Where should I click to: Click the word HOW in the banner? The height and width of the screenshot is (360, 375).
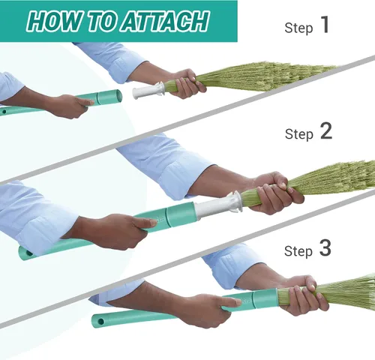55,21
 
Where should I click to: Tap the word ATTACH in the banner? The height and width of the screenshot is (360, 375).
165,21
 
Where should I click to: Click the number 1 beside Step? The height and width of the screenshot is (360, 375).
325,25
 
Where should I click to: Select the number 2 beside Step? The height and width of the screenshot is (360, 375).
326,131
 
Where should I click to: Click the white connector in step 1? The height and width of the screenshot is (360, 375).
148,90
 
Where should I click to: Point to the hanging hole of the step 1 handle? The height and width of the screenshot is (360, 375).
4,112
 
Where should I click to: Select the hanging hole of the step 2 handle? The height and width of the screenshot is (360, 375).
29,253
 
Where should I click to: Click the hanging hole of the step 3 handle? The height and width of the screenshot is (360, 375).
101,321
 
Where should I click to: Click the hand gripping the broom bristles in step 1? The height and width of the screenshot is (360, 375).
186,83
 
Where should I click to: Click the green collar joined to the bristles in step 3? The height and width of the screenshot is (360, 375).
265,298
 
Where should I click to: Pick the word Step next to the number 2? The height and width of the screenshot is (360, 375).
299,134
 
